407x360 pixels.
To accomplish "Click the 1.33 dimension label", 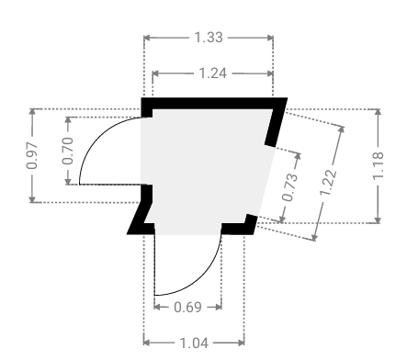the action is pyautogui.click(x=209, y=38).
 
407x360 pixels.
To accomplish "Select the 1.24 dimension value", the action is pyautogui.click(x=213, y=73).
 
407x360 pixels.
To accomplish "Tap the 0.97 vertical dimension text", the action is pyautogui.click(x=32, y=155).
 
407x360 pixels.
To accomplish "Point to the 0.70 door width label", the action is pyautogui.click(x=68, y=151).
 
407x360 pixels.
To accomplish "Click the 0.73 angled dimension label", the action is pyautogui.click(x=290, y=186).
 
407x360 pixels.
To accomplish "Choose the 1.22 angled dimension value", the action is pyautogui.click(x=328, y=183).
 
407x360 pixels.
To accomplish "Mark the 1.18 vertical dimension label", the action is pyautogui.click(x=378, y=165).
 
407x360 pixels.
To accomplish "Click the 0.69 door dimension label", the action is pyautogui.click(x=187, y=307).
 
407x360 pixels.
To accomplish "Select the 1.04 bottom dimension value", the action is pyautogui.click(x=194, y=343).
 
